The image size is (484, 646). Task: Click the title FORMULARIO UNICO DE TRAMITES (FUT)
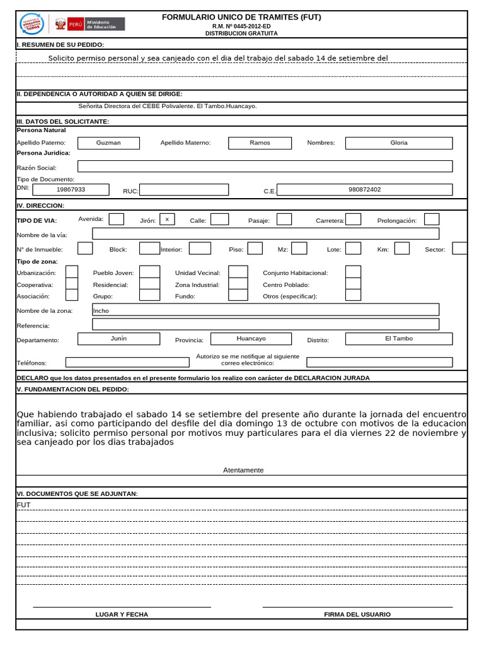coord(241,17)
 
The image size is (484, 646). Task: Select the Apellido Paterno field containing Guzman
coord(108,143)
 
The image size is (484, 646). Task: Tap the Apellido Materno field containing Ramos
coord(260,143)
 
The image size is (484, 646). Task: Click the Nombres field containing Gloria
coord(399,143)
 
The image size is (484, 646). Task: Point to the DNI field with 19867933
coord(71,189)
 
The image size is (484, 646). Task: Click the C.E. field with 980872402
coord(364,189)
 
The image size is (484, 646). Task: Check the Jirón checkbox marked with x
coord(167,220)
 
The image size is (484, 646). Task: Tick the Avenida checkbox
coord(117,220)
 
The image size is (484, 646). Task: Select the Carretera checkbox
coord(354,220)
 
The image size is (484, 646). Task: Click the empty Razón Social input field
coord(265,167)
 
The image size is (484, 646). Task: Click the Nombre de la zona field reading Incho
coord(265,310)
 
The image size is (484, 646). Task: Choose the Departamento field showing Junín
coord(118,339)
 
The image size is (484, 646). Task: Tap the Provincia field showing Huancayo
coord(251,339)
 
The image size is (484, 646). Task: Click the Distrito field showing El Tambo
coord(399,339)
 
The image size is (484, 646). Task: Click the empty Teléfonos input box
coord(127,362)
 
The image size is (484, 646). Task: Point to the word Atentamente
coord(243,470)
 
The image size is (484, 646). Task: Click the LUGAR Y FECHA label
coord(122,614)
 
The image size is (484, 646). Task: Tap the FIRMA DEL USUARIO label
coord(357,614)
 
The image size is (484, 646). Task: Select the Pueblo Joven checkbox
coord(149,272)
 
